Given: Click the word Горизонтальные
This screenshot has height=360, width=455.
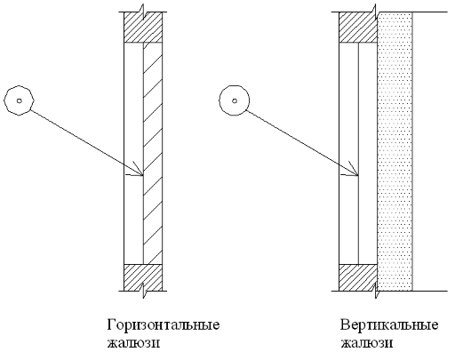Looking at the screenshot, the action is pos(164,325).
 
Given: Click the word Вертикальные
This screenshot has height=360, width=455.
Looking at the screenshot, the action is pos(389,325).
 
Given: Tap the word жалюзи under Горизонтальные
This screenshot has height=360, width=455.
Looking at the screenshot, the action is pos(133,343).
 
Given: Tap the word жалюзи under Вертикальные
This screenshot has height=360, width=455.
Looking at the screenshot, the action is pos(367,343).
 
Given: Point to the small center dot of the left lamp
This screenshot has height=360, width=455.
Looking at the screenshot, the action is pos(20,100).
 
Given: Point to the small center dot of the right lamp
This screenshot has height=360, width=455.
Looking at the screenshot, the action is pos(235,100).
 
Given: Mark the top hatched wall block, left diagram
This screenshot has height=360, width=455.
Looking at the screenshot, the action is pos(143,28).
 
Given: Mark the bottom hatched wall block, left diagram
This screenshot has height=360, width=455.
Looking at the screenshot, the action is pos(143,277).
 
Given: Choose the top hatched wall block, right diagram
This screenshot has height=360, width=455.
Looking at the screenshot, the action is pos(358,28).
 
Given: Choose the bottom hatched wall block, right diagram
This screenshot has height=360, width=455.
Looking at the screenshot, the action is pos(358,277).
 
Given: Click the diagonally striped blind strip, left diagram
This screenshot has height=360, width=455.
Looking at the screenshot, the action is pos(153,154).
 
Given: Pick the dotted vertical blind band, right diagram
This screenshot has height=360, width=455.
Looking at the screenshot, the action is pos(395,151).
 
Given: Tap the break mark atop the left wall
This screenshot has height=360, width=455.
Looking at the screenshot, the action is pos(143,12).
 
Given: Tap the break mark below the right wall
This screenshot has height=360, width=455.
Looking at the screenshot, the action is pos(377,291).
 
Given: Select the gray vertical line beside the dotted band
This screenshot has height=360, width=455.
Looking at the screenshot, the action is pos(412,151).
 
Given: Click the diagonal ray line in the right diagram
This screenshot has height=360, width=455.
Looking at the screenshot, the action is pos(302,143).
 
